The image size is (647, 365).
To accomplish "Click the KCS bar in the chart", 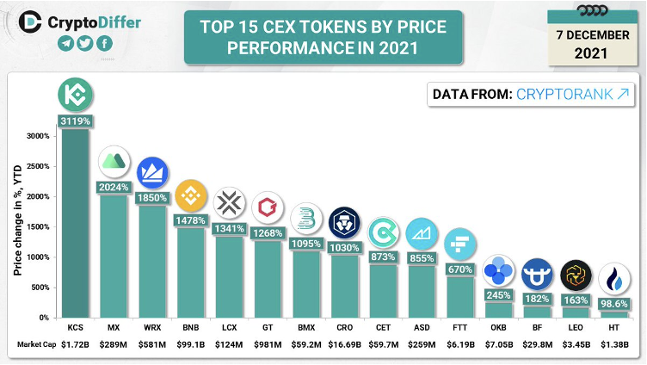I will pos(76,224).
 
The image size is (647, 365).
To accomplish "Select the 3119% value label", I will pos(76,121).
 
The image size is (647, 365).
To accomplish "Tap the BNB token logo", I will pos(190,197).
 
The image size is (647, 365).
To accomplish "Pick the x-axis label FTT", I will pos(459,328).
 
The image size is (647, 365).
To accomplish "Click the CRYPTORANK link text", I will pos(564,94).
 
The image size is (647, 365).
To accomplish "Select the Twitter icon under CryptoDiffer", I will pos(84,44).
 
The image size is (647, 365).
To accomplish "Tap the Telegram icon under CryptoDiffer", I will pos(65,44).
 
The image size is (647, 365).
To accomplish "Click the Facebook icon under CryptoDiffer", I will pos(104,44).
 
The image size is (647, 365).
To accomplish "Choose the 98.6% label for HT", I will pos(614,304).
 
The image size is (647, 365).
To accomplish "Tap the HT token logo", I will pos(614,279).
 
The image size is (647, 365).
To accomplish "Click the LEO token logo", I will pos(576,275).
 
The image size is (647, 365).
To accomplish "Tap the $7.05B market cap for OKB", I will pos(499,344).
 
